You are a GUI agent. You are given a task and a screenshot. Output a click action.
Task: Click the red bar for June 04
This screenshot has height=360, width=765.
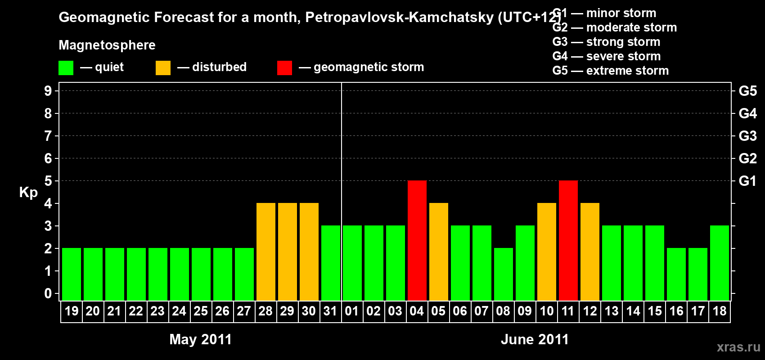click(x=417, y=240)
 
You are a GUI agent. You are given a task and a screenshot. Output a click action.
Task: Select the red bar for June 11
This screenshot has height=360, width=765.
click(x=568, y=240)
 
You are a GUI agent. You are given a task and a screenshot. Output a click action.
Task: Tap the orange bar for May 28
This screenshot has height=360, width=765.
click(x=266, y=252)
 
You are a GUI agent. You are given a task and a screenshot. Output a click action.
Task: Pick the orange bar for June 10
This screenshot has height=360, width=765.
click(x=547, y=252)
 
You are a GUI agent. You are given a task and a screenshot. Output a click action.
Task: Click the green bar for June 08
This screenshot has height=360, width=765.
click(x=504, y=274)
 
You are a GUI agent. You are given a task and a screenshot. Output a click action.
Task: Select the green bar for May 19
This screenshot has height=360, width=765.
click(x=72, y=274)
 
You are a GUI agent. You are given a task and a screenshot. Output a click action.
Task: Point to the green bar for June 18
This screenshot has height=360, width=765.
click(x=720, y=263)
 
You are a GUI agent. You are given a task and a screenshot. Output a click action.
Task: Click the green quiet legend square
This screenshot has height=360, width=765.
click(x=66, y=68)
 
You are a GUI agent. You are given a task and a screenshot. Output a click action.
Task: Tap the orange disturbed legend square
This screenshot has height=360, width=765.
click(x=163, y=68)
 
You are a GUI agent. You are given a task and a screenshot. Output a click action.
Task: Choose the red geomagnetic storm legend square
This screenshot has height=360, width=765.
click(x=284, y=68)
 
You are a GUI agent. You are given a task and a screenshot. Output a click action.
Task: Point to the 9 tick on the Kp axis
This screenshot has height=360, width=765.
click(x=48, y=91)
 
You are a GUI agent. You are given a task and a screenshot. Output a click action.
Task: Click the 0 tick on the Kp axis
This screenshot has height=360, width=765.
click(x=48, y=293)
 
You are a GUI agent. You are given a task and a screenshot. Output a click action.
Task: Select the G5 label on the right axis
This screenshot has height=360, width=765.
click(x=747, y=91)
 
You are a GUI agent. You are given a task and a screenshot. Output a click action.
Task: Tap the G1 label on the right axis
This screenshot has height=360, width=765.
click(x=747, y=181)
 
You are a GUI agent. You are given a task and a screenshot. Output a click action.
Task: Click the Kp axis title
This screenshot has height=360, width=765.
click(x=28, y=192)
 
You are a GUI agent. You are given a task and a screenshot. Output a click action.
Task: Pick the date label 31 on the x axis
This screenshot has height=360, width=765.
click(x=330, y=311)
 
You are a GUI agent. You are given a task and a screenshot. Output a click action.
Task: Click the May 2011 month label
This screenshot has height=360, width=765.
click(x=200, y=339)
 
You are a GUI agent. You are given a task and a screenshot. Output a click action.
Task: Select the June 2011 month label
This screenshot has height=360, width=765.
click(x=535, y=339)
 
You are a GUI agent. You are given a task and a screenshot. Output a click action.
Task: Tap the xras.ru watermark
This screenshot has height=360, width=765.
click(x=738, y=346)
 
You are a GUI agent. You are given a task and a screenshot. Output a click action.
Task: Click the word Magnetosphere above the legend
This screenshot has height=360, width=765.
click(x=107, y=45)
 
